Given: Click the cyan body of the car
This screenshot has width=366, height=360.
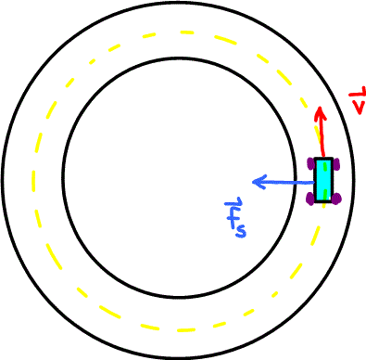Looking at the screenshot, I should click(323, 181).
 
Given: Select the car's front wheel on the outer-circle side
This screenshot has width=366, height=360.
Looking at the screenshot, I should click(335, 164).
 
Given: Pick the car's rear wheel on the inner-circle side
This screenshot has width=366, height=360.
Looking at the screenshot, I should click(311, 198).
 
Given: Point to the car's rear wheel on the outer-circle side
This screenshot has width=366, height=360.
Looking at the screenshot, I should click(335, 198).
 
